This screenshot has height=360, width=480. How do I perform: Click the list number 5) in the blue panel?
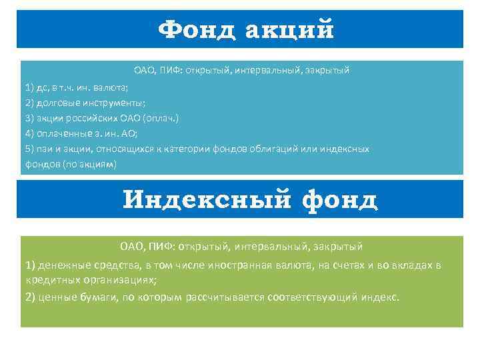pos(29,148)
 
